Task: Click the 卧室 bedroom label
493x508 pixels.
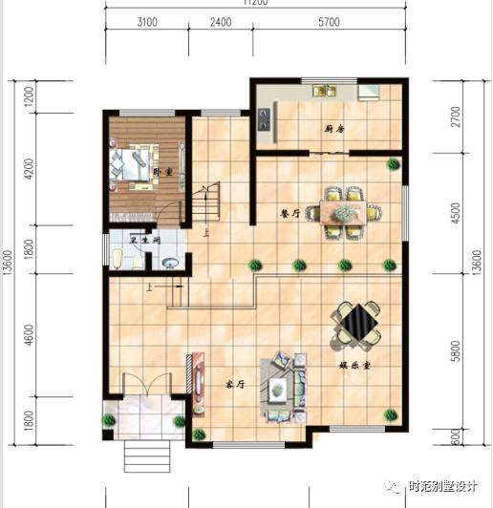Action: point(163,172)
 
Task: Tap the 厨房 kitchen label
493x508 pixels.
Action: point(332,128)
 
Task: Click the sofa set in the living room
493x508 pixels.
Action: point(284,386)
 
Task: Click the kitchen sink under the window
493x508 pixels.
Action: point(325,92)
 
